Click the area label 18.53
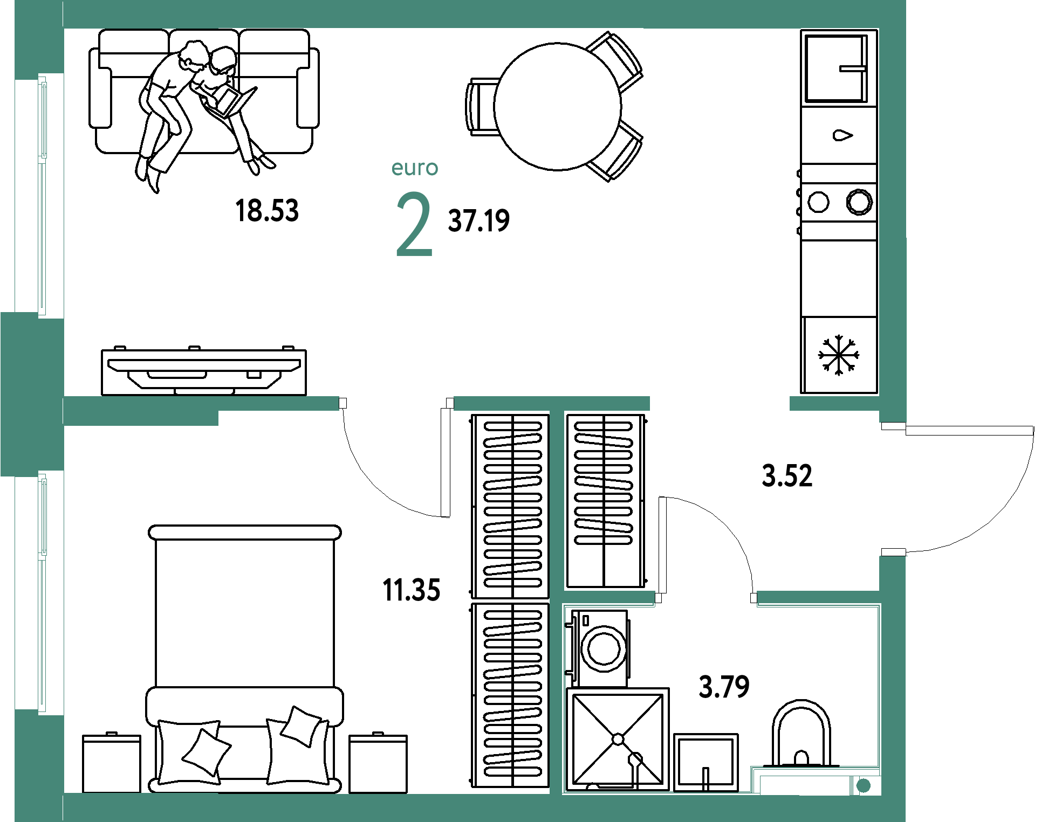click(x=267, y=210)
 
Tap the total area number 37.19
click(x=479, y=220)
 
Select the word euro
click(x=414, y=168)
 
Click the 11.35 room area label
click(x=412, y=590)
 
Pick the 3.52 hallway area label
click(x=786, y=476)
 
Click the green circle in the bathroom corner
click(x=864, y=785)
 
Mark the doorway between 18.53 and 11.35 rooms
click(x=396, y=404)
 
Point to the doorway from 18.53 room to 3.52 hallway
click(x=720, y=404)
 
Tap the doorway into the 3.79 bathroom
click(x=706, y=598)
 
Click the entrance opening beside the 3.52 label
click(x=893, y=489)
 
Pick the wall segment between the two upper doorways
click(x=551, y=404)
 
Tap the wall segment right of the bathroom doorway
click(x=818, y=598)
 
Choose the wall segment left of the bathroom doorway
click(x=609, y=598)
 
